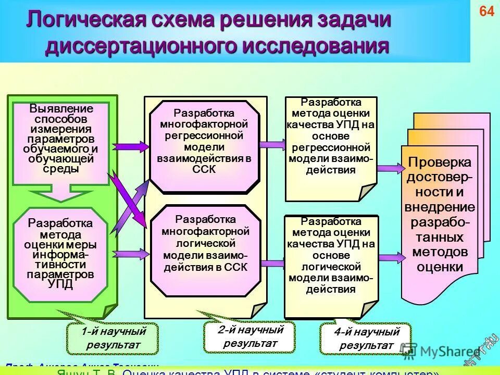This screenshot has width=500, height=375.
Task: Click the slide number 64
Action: click(x=486, y=12)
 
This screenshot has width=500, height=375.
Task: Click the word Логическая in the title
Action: click(x=85, y=20)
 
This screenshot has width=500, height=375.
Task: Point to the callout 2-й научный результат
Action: click(x=250, y=336)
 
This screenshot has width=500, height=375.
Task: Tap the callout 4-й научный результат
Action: click(x=366, y=339)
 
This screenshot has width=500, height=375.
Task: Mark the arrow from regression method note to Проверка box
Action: click(x=390, y=168)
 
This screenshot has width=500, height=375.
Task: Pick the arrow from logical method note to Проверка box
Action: click(x=390, y=256)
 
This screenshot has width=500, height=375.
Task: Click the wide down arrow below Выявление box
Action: click(x=60, y=193)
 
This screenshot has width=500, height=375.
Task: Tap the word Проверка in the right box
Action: click(x=440, y=162)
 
